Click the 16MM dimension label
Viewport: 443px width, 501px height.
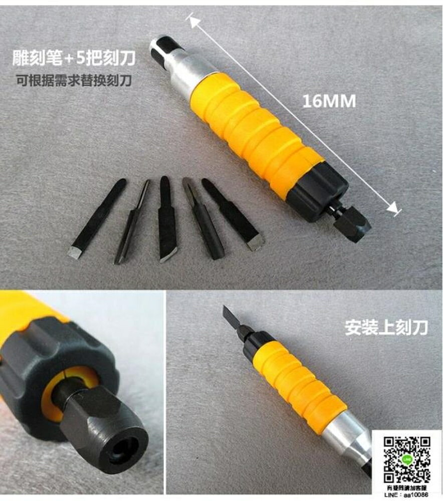click(x=329, y=101)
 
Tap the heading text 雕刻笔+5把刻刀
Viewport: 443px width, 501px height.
click(x=74, y=58)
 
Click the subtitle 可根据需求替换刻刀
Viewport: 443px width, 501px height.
click(x=74, y=81)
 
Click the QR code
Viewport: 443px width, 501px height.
click(x=407, y=460)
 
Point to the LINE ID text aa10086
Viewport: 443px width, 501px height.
click(x=415, y=494)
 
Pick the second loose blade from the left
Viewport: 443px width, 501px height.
click(x=132, y=222)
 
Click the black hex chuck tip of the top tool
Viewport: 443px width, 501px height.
click(x=352, y=221)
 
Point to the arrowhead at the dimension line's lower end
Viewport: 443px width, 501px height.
click(x=393, y=208)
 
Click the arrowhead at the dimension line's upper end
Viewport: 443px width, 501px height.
click(x=194, y=22)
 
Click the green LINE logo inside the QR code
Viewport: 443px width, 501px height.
click(x=407, y=460)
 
